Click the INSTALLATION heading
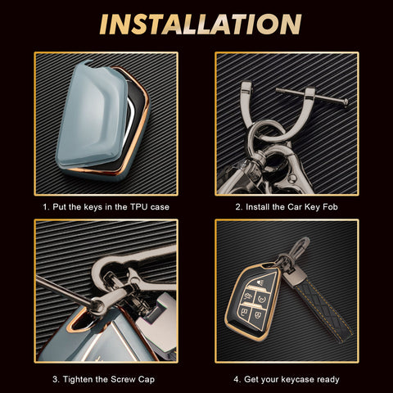(201, 25)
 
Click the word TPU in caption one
(138, 207)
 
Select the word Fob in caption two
(330, 207)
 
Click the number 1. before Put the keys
(46, 207)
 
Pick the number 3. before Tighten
(56, 379)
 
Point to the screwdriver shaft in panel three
(64, 291)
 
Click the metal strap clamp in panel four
(296, 277)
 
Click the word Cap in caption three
(147, 380)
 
